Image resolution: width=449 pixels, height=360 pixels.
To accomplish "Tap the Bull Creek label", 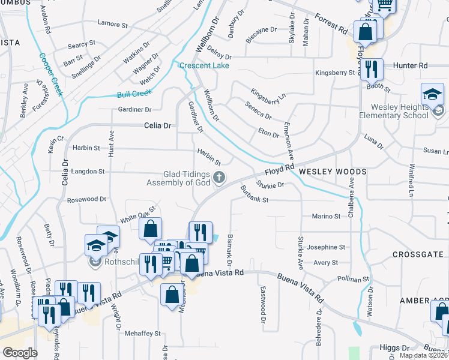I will coord(134,94).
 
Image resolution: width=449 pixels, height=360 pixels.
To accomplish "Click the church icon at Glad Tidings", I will coord(220,176).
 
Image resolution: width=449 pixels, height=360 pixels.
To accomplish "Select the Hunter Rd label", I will coord(411,65).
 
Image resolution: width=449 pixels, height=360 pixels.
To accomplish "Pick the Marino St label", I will coord(326,216).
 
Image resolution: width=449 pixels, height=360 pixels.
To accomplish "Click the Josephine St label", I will coord(326,247).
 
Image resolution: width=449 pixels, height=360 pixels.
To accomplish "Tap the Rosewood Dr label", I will coord(86,199).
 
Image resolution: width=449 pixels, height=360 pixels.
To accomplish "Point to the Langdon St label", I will coord(88,172).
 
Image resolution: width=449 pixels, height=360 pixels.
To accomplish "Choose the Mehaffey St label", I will coord(142,334).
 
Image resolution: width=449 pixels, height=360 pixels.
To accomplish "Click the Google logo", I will coord(20,353).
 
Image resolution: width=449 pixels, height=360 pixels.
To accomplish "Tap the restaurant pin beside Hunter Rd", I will coord(372,69).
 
